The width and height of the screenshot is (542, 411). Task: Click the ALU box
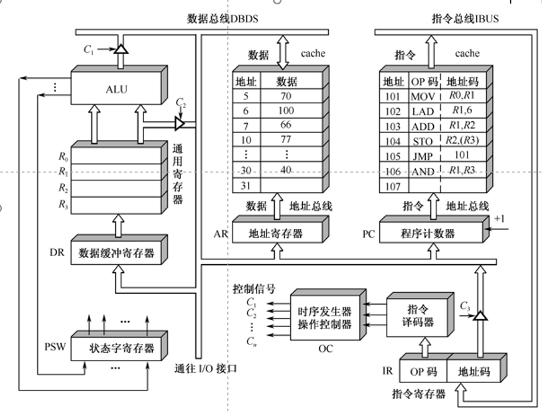tap(116, 89)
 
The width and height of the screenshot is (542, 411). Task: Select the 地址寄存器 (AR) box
tap(275, 233)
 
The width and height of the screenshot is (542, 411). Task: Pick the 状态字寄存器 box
tap(121, 348)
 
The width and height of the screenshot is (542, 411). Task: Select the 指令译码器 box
tap(420, 315)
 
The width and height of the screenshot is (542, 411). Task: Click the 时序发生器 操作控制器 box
tap(324, 318)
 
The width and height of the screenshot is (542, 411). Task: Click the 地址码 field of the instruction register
tap(474, 372)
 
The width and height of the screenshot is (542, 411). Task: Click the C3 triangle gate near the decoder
tap(479, 316)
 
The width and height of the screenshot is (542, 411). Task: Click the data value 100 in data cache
tap(286, 111)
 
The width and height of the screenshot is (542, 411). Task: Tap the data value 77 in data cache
tap(286, 139)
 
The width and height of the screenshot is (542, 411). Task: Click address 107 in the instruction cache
tap(393, 185)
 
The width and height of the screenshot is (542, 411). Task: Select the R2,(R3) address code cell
tap(461, 141)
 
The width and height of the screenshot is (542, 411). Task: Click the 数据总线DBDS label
tap(223, 19)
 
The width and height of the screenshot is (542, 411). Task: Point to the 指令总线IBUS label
tap(465, 19)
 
